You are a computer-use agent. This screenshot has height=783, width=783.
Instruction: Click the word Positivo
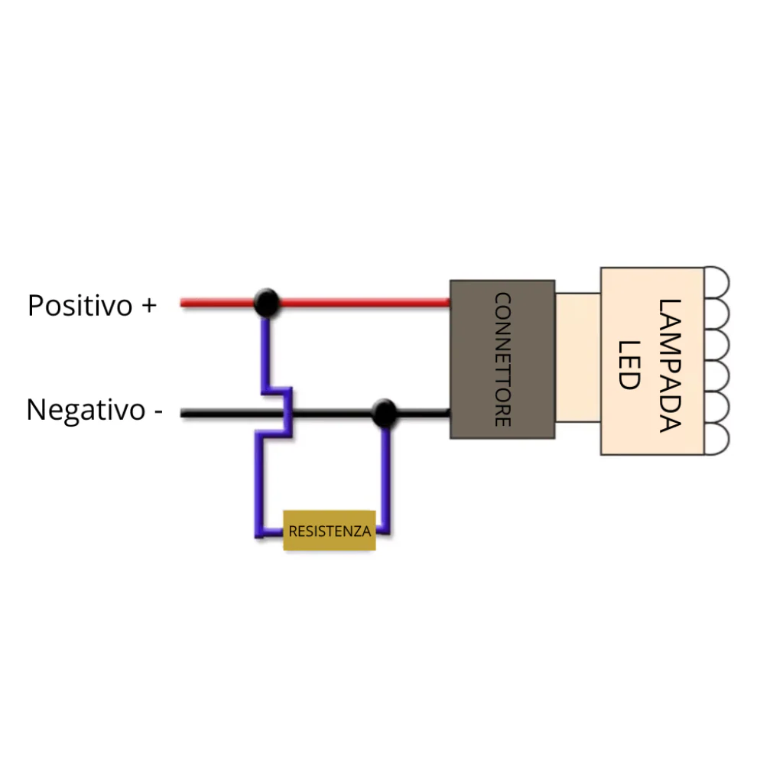(x=80, y=306)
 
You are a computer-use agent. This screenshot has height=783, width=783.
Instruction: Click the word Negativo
(x=86, y=410)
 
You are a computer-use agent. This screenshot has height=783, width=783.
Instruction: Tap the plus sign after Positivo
(x=148, y=306)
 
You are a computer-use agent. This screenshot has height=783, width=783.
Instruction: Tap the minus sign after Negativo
(x=158, y=411)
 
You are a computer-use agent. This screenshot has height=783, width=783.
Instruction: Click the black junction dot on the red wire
(x=265, y=303)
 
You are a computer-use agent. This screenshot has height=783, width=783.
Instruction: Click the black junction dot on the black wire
(x=384, y=414)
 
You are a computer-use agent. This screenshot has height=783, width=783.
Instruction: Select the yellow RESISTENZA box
(x=330, y=531)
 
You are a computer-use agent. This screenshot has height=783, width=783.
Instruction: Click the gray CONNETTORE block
(x=502, y=359)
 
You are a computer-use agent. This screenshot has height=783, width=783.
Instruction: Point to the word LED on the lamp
(x=628, y=365)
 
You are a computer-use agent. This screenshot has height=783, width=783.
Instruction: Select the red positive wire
(x=359, y=303)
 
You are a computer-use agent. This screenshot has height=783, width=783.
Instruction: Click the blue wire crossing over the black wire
(x=288, y=414)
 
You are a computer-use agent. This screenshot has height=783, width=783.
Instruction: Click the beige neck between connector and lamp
(x=577, y=357)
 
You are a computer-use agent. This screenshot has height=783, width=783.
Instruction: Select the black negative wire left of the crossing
(x=222, y=414)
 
